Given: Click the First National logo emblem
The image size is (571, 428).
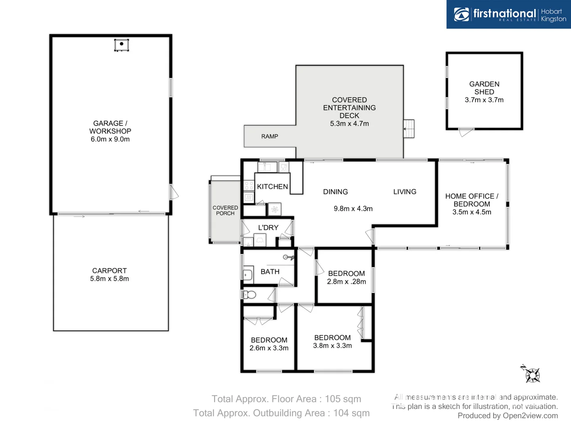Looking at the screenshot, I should click(x=461, y=14).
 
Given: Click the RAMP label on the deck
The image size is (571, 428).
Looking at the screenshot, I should click(x=270, y=136).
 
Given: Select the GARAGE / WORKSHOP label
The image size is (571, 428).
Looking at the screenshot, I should click(x=110, y=127).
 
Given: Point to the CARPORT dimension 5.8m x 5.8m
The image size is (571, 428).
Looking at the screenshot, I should click(x=109, y=279).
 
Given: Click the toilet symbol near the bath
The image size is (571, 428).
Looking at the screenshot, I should click(x=249, y=294).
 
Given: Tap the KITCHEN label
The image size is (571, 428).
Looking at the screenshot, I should click(x=272, y=187).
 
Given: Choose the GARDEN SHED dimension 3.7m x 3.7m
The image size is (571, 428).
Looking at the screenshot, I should click(x=484, y=100).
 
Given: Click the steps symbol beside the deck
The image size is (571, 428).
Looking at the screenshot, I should click(x=409, y=129).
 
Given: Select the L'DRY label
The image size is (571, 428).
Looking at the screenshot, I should click(x=268, y=227).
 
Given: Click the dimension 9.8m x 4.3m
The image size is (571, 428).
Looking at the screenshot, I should click(x=353, y=208).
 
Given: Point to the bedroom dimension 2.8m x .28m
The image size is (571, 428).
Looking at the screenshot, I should click(x=346, y=281).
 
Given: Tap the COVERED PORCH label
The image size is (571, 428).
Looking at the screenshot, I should click(x=225, y=210).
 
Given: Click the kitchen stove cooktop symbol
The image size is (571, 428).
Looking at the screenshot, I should click(x=249, y=185).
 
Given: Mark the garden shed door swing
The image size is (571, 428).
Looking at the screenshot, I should click(x=466, y=132).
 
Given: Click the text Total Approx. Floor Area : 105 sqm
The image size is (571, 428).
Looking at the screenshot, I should click(x=286, y=399).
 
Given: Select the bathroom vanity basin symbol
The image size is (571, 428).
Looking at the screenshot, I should click(x=247, y=275).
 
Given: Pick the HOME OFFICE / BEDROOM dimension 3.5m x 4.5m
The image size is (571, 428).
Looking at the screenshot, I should click(x=471, y=212).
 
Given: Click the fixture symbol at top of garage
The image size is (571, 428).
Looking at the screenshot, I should click(x=121, y=45).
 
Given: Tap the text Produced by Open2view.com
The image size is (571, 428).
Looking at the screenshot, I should click(x=508, y=415).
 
